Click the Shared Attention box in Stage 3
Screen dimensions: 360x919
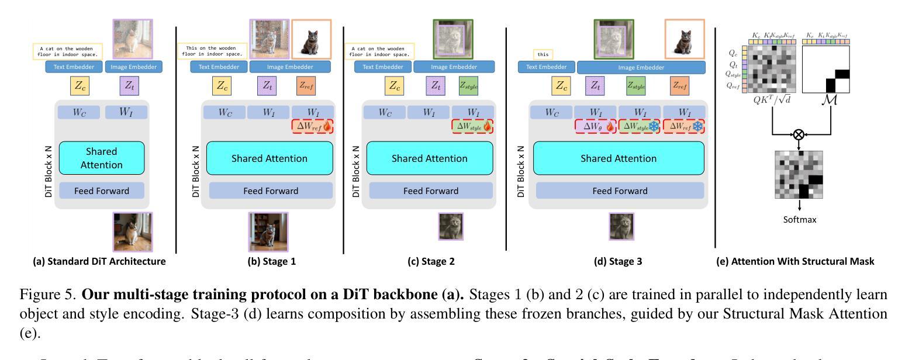(619, 158)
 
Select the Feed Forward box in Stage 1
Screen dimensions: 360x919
(271, 191)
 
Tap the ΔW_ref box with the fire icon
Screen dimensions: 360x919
(313, 126)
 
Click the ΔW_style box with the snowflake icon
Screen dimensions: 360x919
(640, 126)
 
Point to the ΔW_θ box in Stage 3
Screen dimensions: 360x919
(596, 126)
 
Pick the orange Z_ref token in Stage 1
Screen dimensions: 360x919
(307, 85)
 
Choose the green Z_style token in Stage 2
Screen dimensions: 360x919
(469, 85)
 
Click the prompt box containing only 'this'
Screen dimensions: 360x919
(543, 54)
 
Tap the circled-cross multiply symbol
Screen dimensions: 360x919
(799, 135)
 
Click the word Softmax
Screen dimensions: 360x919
(799, 220)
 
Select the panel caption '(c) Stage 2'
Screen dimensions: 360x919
(431, 261)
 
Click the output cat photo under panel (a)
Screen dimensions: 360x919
(132, 232)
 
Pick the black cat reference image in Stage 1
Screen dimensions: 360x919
(311, 39)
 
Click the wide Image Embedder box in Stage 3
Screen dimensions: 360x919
(641, 67)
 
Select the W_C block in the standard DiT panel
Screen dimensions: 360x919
(79, 112)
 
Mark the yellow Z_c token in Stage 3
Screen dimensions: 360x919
(561, 85)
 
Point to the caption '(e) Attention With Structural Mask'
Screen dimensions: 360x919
(795, 261)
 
